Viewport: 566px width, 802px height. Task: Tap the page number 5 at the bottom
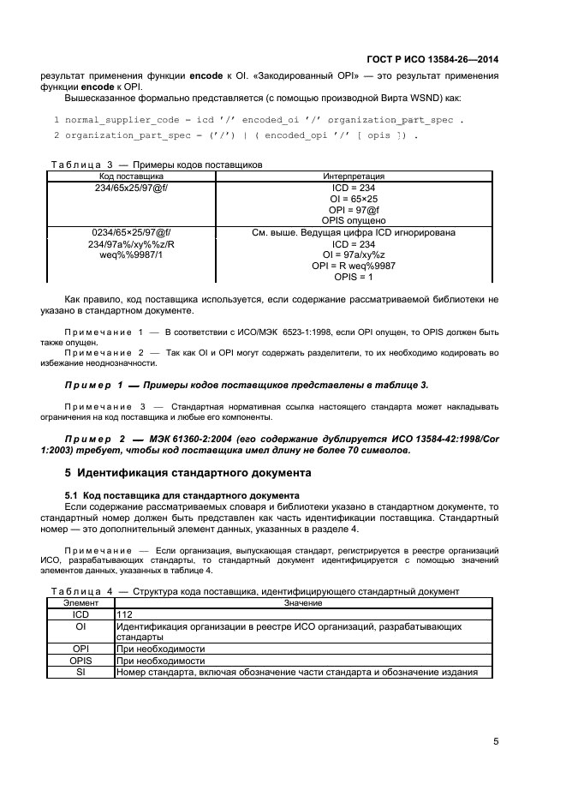[x=496, y=742]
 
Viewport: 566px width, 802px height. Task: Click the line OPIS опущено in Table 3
[x=353, y=220]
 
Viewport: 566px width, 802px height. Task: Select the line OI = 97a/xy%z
[x=353, y=254]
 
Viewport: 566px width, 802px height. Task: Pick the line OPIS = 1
[x=353, y=277]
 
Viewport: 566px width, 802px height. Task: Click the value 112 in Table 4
[x=124, y=614]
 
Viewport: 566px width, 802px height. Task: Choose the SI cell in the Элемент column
[x=80, y=672]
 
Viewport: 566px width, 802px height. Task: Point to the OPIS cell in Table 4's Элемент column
[x=80, y=661]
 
